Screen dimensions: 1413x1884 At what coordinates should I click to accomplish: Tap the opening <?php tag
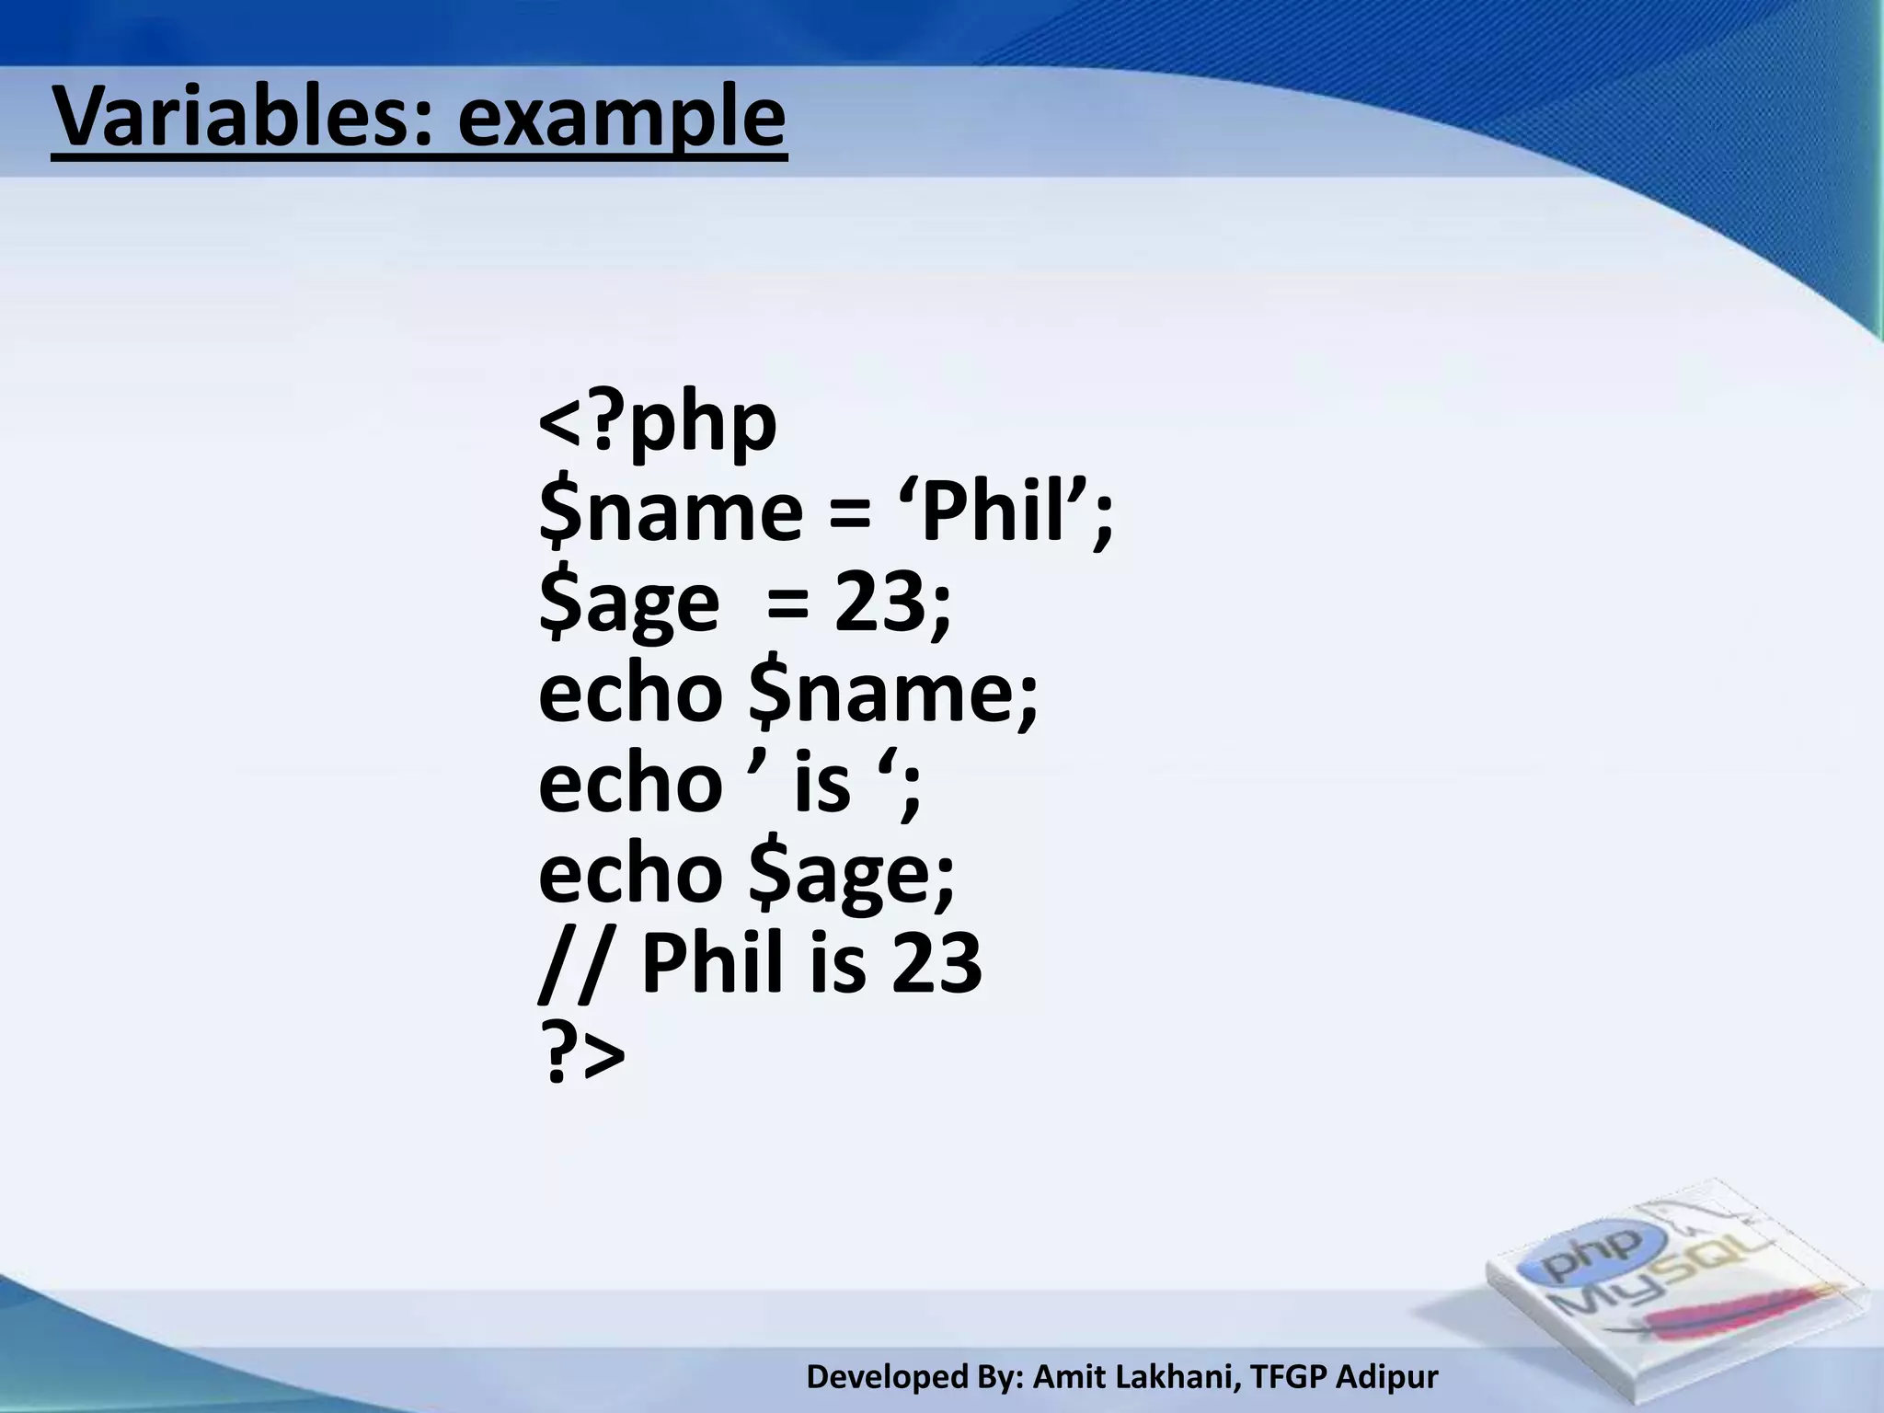point(657,425)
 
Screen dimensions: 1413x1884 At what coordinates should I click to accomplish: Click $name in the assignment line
point(671,511)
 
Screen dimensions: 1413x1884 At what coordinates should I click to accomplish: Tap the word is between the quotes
point(822,784)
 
